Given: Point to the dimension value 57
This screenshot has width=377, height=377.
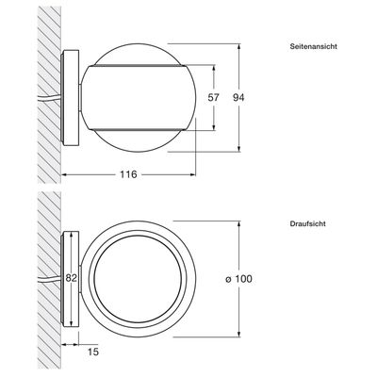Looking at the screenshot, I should pos(213,97).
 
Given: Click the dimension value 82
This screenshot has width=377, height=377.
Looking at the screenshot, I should pos(71,278).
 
